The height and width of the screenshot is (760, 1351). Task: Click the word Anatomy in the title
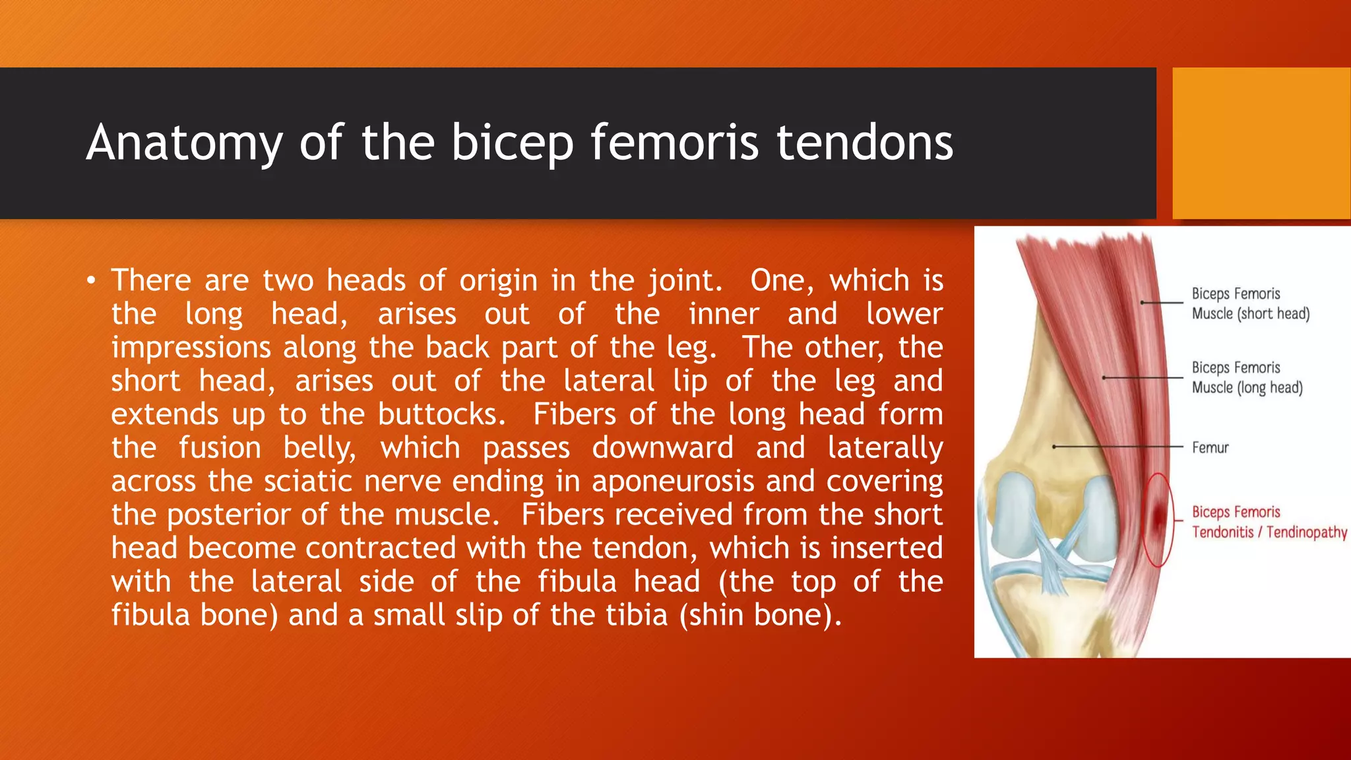(x=184, y=143)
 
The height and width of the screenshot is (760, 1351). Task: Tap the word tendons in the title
(x=864, y=142)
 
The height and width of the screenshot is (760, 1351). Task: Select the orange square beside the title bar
(x=1261, y=143)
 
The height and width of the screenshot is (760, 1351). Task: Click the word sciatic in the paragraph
(x=309, y=482)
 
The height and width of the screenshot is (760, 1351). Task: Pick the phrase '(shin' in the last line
(x=712, y=616)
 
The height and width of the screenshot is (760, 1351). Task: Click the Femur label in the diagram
(x=1210, y=448)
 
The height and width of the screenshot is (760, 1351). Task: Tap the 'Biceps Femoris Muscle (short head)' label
(x=1250, y=303)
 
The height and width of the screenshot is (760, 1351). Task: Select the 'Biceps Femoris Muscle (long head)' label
(x=1247, y=377)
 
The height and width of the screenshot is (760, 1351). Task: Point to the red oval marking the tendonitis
(x=1158, y=520)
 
